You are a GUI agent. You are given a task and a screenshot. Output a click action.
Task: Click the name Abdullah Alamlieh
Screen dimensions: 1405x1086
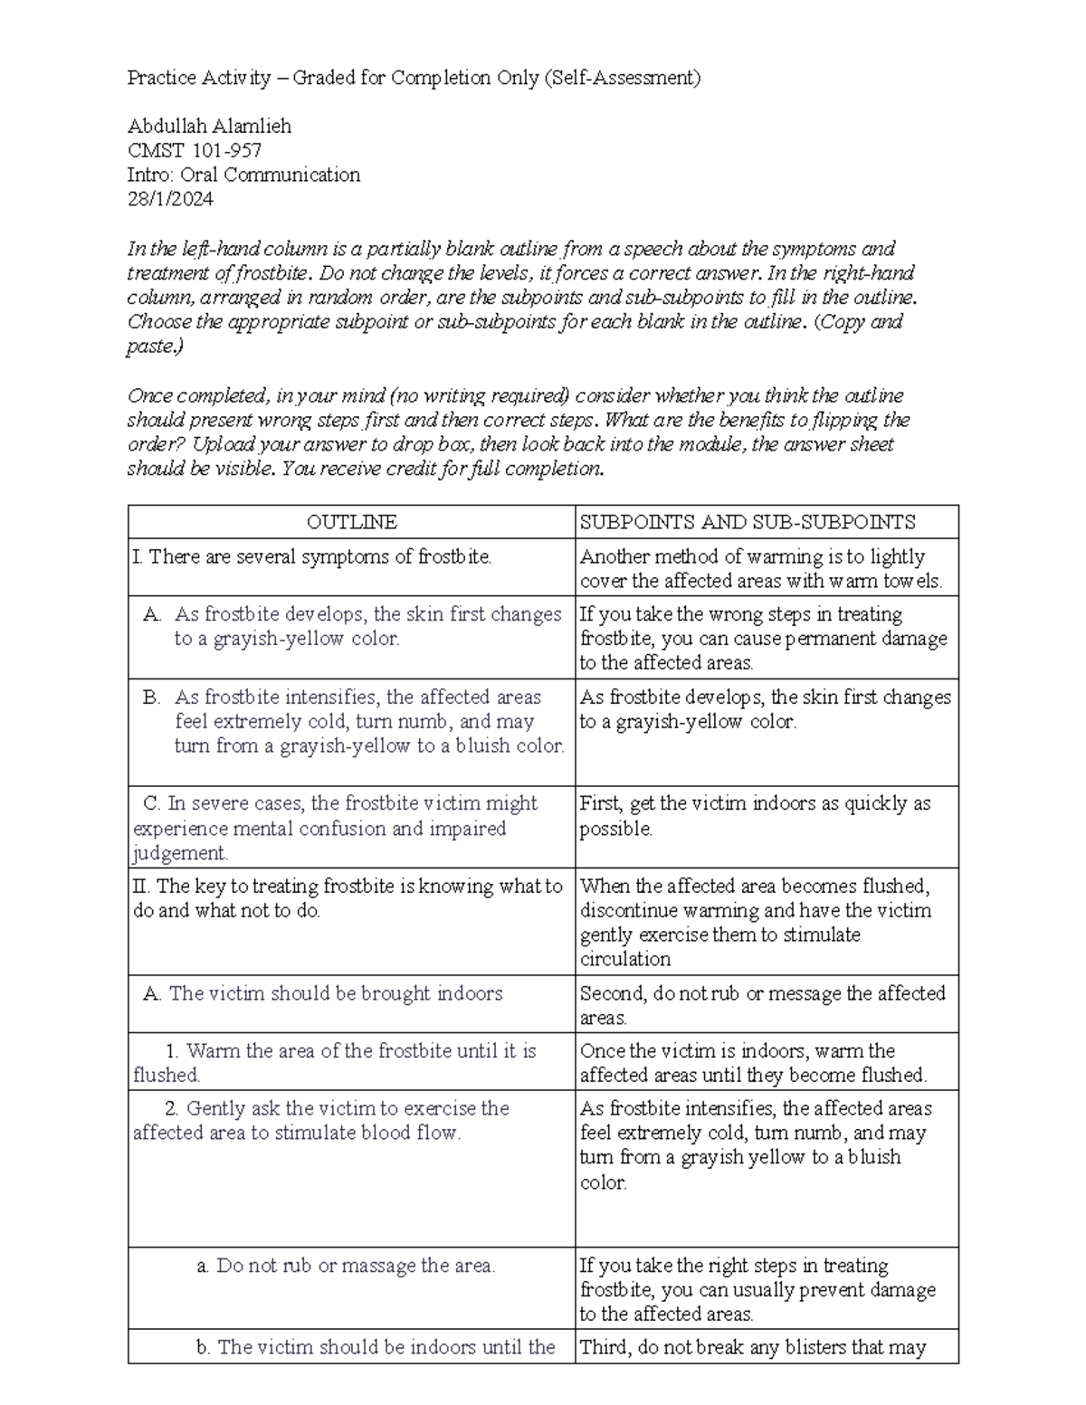209,126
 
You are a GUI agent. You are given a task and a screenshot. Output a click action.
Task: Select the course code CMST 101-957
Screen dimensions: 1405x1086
195,150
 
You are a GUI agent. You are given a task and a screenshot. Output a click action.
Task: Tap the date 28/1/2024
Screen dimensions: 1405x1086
170,199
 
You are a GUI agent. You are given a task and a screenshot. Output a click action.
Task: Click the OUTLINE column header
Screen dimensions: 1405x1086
351,522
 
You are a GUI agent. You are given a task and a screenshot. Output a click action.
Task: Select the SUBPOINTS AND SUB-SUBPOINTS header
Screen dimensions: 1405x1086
748,522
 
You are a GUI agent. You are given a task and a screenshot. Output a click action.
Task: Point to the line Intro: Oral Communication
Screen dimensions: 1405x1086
243,175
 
